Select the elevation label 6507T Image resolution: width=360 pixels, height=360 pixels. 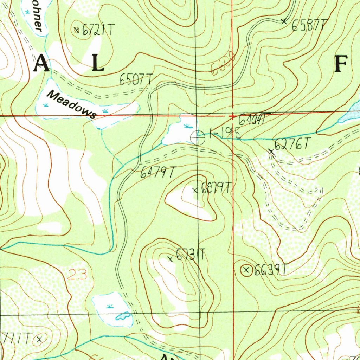click(136, 80)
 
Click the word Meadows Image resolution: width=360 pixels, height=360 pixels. click(72, 104)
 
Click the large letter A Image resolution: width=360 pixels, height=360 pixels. click(41, 64)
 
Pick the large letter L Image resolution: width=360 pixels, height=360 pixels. click(98, 64)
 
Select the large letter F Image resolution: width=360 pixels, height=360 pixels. click(341, 65)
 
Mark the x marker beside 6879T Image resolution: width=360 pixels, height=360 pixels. click(195, 190)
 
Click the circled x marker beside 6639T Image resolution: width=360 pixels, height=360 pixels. click(246, 270)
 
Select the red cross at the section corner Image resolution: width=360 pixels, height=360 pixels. click(232, 116)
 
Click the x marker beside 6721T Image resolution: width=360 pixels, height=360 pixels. click(77, 30)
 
